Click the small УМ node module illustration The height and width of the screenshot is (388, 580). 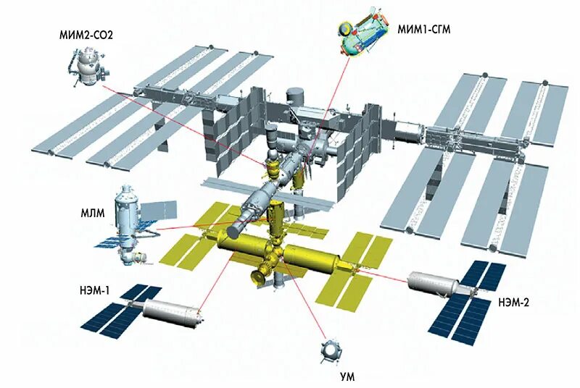coord(331,350)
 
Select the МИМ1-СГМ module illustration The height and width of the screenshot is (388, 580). coord(363,32)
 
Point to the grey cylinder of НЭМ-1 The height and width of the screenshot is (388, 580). coord(170,311)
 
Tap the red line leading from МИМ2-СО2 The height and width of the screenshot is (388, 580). coord(181,117)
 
